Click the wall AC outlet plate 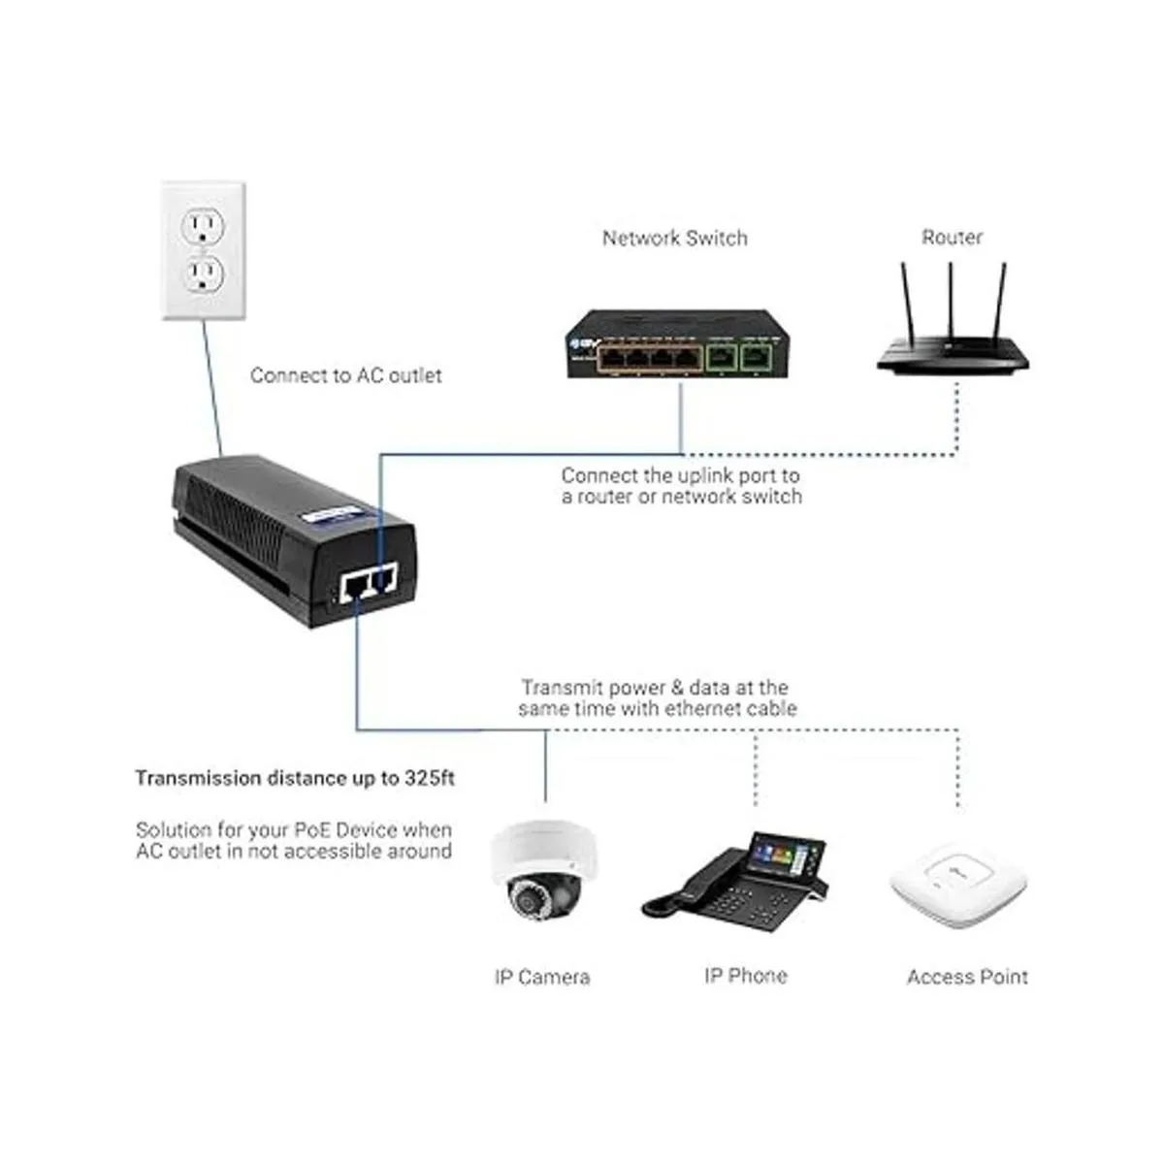(203, 249)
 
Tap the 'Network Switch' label (674, 239)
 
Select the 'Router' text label (952, 238)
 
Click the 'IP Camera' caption (541, 977)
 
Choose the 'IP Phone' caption (745, 976)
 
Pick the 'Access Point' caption (967, 977)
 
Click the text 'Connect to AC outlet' (345, 375)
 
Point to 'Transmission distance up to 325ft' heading (295, 778)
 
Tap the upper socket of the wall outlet (203, 227)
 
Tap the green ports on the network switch (737, 357)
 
